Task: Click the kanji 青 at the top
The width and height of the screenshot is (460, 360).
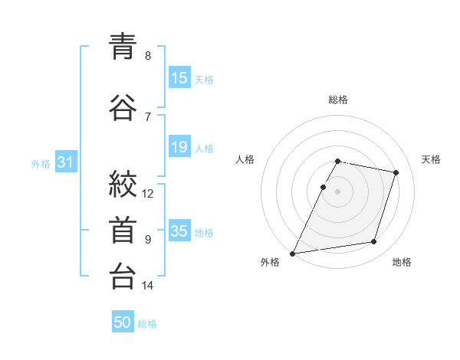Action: coord(123,46)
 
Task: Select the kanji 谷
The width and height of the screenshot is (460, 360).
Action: coord(123,107)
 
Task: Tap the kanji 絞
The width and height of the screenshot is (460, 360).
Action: coord(123,184)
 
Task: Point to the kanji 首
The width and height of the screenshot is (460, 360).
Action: coord(123,230)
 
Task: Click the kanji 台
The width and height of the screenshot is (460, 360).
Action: coord(123,276)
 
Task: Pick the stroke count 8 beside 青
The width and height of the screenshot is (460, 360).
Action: coord(148,55)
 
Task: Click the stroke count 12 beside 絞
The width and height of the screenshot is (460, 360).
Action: coord(147,194)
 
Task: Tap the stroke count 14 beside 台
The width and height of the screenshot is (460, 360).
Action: coord(147,285)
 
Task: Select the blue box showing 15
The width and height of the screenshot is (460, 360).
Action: coord(180,77)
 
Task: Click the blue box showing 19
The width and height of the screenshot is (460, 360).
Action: coord(180,146)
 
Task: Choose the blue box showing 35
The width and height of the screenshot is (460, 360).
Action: coord(180,230)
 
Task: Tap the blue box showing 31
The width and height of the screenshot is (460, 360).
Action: coord(66,162)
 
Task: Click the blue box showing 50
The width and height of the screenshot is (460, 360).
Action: coord(123,321)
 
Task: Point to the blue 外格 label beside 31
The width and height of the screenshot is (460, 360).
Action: coord(41,164)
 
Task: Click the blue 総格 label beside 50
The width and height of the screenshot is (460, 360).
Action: coord(147,324)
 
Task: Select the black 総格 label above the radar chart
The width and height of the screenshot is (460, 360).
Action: coord(338,100)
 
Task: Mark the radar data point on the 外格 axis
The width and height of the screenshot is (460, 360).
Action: coord(293,254)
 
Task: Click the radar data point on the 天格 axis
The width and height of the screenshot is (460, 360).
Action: coord(396,172)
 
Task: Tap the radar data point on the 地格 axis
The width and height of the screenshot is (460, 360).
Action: coord(374,241)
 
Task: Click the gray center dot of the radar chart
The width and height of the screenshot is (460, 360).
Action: coord(337,191)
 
